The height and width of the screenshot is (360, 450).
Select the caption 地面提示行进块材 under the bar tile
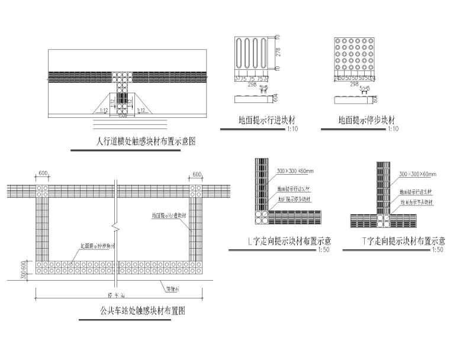point(257,120)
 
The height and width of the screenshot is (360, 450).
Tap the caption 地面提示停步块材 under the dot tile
point(358,120)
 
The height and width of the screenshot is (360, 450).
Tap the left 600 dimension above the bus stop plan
point(43,175)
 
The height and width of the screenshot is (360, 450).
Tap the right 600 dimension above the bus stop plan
point(197,175)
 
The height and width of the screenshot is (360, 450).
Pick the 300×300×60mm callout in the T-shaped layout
point(417,175)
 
